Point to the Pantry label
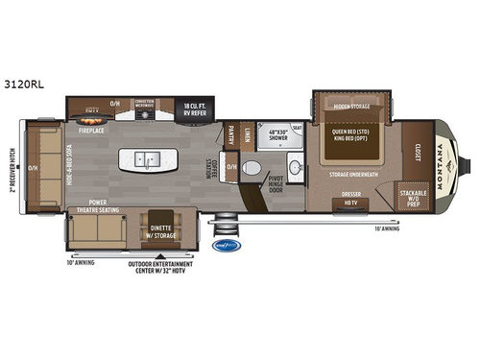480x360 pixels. [x=230, y=137]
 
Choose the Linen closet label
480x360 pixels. [x=247, y=133]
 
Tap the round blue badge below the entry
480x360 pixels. [x=224, y=245]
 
